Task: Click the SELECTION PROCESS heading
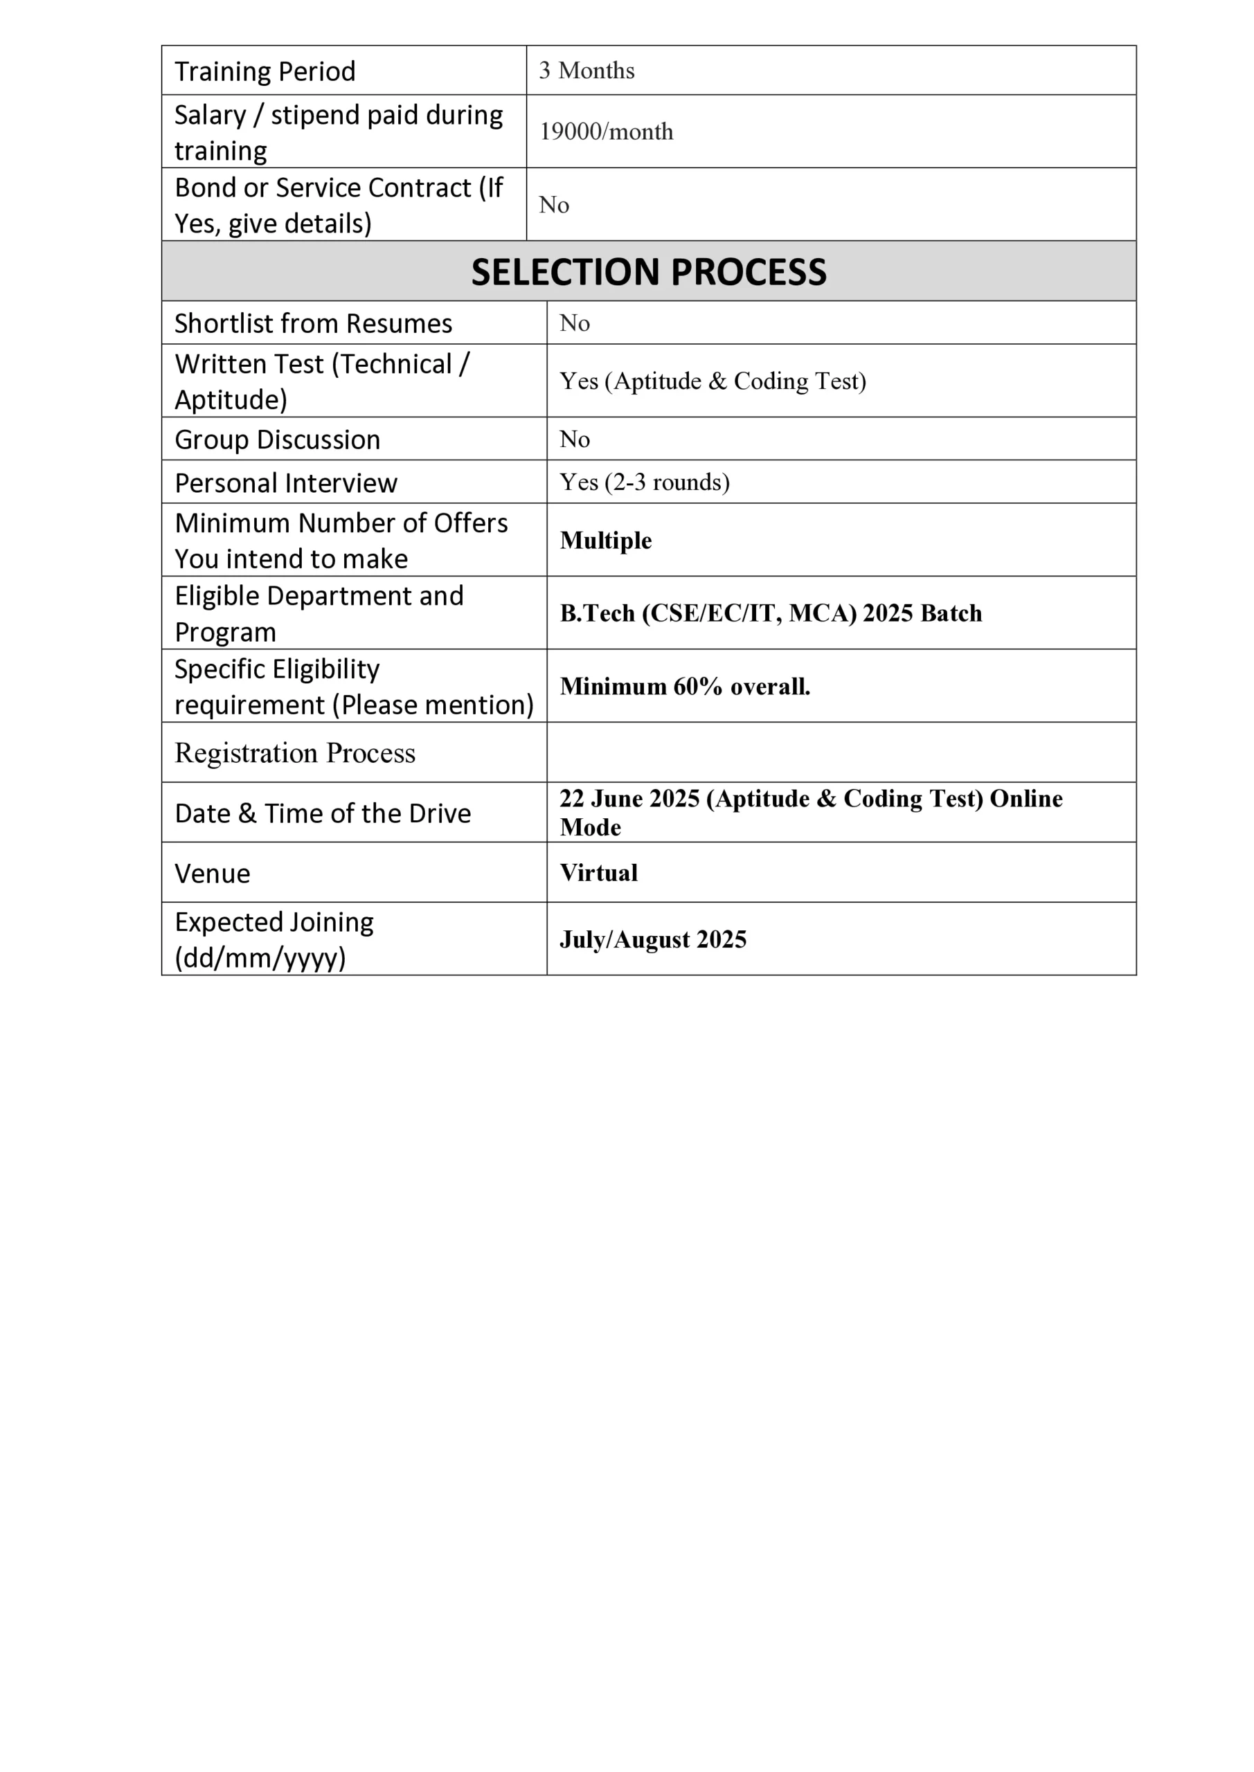click(649, 271)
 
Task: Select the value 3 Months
click(587, 70)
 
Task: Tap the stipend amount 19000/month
click(606, 132)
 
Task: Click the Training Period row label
click(265, 71)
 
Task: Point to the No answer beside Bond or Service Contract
click(554, 204)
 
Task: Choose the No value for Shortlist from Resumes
click(575, 323)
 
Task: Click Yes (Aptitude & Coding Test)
click(713, 381)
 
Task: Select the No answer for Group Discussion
click(575, 439)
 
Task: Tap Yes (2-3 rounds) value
click(645, 482)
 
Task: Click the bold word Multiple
click(606, 540)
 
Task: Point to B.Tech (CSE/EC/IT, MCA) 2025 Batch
click(771, 613)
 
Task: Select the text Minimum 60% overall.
click(685, 686)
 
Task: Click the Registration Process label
click(295, 752)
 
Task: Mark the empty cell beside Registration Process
click(841, 752)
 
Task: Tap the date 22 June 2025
click(629, 798)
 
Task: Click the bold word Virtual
click(599, 872)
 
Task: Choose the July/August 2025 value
click(653, 939)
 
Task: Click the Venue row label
click(213, 874)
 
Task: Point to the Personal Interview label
click(286, 483)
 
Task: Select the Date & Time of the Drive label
click(323, 813)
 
